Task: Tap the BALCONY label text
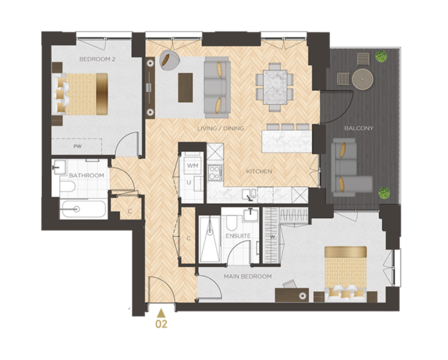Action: tap(359, 128)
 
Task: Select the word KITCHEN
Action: tap(259, 171)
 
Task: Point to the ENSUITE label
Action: tap(238, 236)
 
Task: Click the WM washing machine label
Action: tap(192, 166)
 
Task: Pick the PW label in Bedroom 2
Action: tap(77, 146)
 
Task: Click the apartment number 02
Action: tap(161, 324)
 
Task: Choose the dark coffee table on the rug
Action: tap(185, 87)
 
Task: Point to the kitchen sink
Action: tap(250, 194)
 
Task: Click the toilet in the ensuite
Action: tap(231, 223)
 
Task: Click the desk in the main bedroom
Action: tap(292, 295)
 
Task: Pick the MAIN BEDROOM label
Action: tap(248, 276)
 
